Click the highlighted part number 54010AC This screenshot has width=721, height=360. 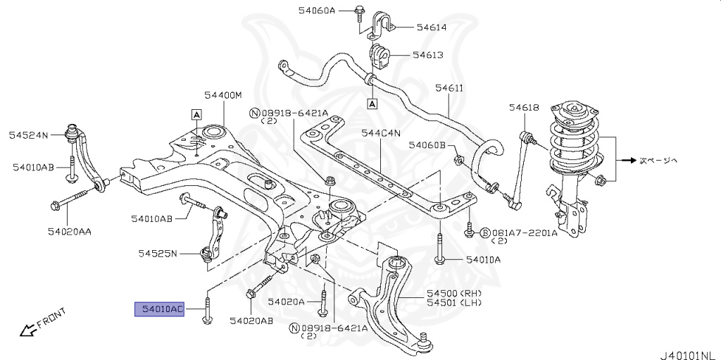(x=160, y=309)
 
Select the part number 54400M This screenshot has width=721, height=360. (x=223, y=95)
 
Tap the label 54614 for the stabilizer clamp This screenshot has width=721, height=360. (x=431, y=27)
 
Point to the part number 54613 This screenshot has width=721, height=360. (x=427, y=54)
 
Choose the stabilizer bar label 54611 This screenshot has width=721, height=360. (x=449, y=88)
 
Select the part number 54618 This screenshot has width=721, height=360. (x=524, y=107)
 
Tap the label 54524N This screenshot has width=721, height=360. (x=28, y=134)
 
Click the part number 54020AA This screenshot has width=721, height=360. (x=70, y=230)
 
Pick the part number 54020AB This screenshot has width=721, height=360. (x=251, y=321)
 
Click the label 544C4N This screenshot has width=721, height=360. (x=381, y=132)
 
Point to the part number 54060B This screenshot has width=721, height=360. (x=427, y=145)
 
